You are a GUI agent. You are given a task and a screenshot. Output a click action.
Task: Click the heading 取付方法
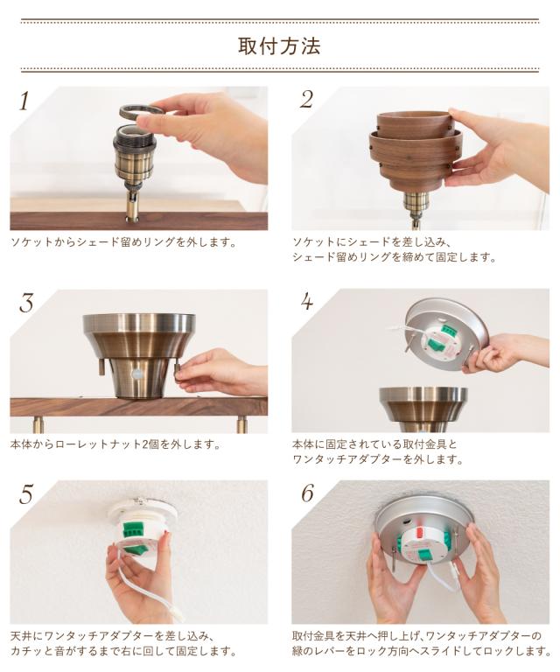279,45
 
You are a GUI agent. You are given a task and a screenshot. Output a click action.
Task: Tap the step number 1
24,101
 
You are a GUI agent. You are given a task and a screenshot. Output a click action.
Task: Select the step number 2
307,100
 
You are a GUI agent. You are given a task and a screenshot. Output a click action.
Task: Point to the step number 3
26,303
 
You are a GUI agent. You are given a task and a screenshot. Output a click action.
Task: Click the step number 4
307,301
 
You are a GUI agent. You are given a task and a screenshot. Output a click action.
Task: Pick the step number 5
25,494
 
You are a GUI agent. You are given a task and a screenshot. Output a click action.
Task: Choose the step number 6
308,493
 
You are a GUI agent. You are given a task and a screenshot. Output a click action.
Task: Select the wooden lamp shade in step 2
411,150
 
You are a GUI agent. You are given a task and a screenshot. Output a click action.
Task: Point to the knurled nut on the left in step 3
101,367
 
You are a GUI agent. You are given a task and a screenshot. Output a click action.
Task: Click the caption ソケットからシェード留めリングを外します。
124,242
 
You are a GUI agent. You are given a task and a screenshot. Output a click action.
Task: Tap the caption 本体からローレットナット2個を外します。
115,444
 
